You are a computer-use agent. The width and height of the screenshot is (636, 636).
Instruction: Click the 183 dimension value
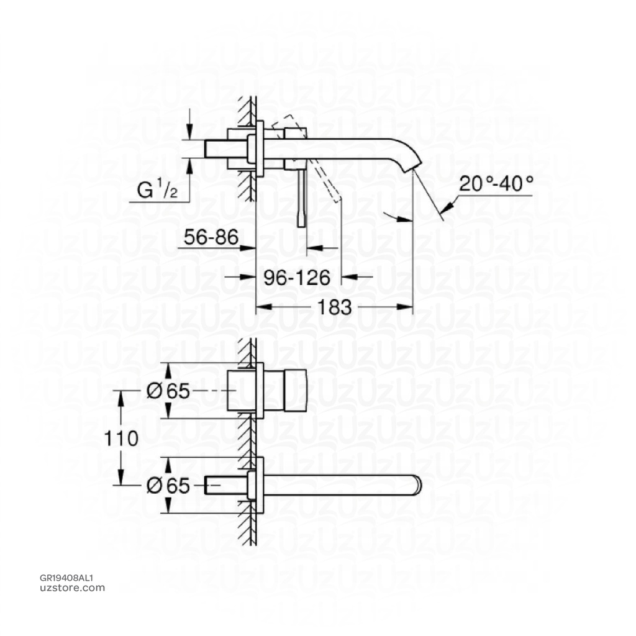coord(335,307)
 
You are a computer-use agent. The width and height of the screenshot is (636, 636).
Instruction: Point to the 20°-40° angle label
coord(496,184)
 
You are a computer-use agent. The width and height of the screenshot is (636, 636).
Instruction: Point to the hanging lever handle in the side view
coord(302,199)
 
